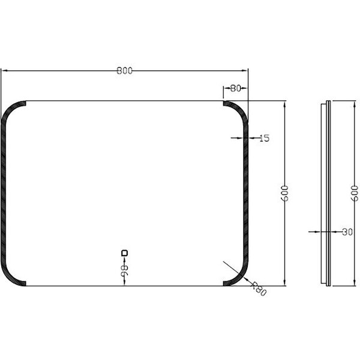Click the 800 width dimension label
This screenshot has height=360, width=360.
(124, 70)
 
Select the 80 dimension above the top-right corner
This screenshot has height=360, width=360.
(235, 88)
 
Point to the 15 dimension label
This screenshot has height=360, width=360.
(264, 138)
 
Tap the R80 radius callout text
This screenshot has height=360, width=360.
(259, 290)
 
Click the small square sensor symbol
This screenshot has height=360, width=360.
(125, 253)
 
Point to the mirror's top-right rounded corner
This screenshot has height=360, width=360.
(239, 110)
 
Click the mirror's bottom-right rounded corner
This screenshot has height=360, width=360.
(239, 275)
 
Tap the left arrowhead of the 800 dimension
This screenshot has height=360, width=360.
(3, 71)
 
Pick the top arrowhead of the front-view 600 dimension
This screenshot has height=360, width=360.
(284, 103)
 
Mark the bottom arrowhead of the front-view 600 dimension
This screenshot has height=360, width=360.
(284, 283)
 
